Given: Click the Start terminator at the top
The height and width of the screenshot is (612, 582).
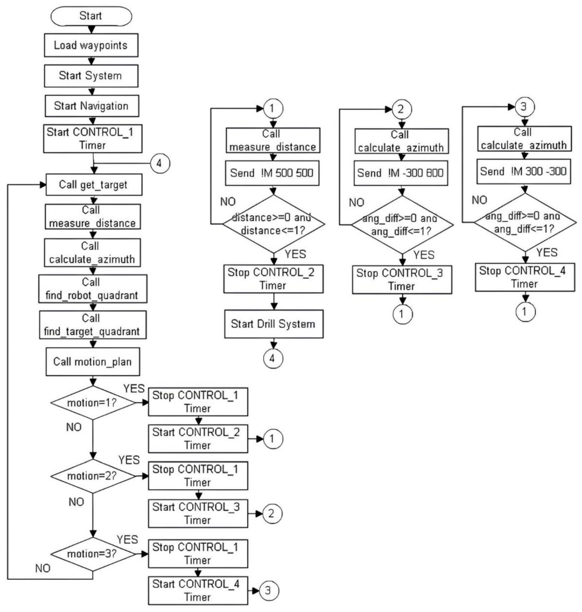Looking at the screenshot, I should click(91, 16).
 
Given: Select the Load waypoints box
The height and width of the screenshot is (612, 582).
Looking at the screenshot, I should click(91, 45).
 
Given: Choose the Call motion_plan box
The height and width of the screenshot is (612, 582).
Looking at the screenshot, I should click(92, 362).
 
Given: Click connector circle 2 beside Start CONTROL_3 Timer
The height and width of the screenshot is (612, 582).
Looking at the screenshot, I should click(272, 514).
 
